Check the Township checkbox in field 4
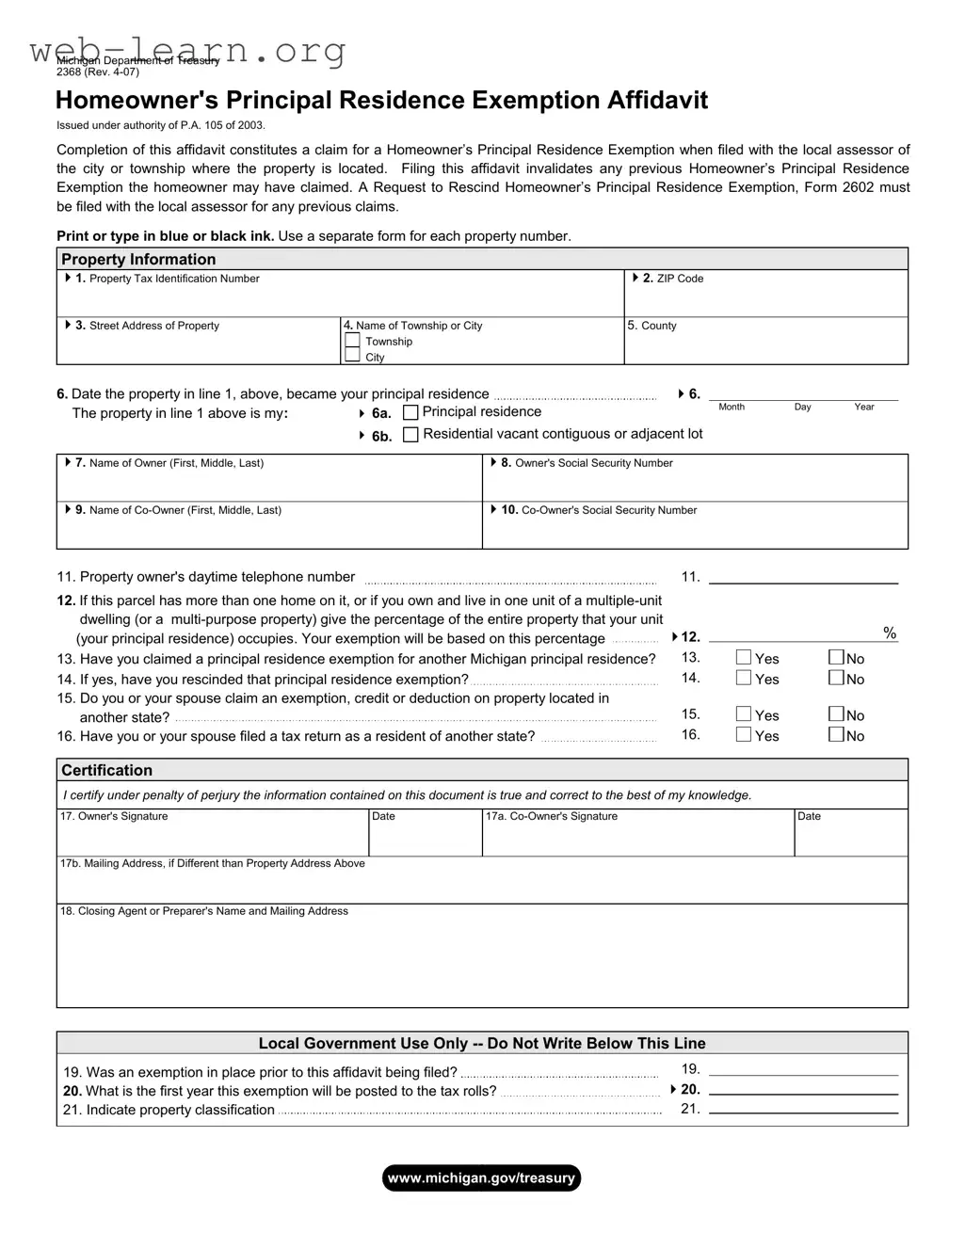(352, 341)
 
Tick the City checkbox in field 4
(352, 356)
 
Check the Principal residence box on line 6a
(410, 412)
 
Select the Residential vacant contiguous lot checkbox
(410, 435)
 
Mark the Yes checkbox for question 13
(744, 658)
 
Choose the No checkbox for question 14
(836, 678)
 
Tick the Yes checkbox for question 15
(744, 714)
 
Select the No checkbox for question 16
(836, 735)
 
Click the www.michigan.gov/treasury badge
(481, 1178)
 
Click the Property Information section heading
(138, 260)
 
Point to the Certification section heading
(106, 771)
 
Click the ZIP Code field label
(679, 279)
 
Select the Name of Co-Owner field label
(185, 510)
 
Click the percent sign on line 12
(890, 633)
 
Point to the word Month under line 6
(732, 407)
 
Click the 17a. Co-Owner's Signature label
(552, 816)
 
